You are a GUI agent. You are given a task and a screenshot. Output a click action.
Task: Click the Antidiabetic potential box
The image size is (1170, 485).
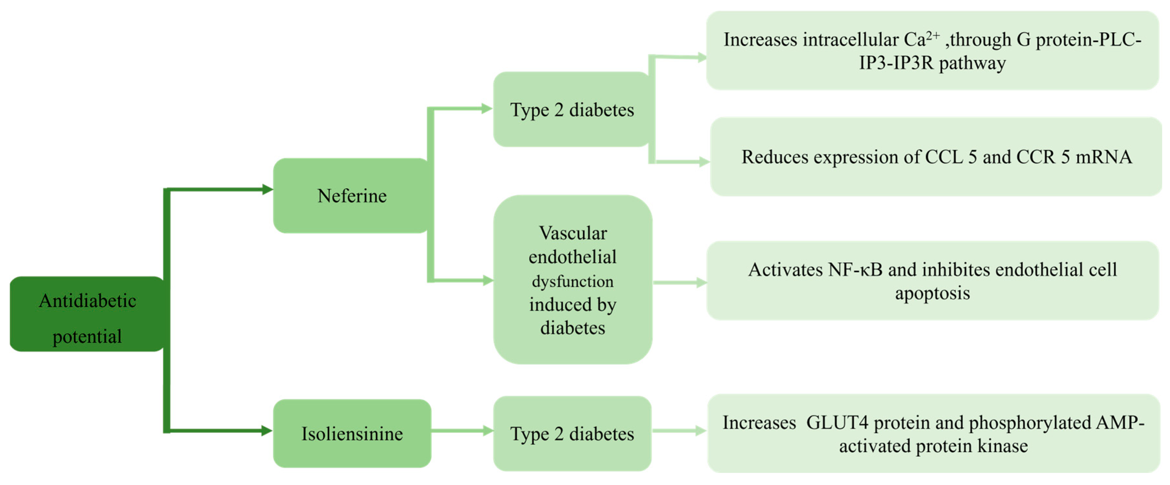click(87, 313)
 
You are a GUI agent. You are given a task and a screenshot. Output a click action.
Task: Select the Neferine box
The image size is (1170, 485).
click(352, 196)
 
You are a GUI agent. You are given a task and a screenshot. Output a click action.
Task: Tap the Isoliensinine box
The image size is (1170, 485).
click(352, 433)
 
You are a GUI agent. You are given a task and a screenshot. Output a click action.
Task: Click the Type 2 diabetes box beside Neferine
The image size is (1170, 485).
click(572, 109)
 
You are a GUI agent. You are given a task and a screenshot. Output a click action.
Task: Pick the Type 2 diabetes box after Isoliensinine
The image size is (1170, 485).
click(572, 433)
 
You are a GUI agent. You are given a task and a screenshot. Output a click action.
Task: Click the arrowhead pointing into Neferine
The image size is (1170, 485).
click(267, 189)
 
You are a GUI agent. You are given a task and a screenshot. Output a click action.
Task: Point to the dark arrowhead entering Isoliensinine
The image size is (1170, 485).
click(266, 430)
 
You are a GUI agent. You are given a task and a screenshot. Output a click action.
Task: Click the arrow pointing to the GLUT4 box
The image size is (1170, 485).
click(679, 430)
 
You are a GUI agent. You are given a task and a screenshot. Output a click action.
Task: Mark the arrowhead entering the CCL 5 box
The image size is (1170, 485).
click(704, 161)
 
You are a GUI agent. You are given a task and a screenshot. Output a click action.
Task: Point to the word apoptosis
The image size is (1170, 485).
click(932, 293)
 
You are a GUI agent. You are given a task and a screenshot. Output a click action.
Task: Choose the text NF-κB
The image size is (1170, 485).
click(855, 270)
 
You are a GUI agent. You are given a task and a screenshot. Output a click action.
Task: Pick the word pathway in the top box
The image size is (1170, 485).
click(972, 63)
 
